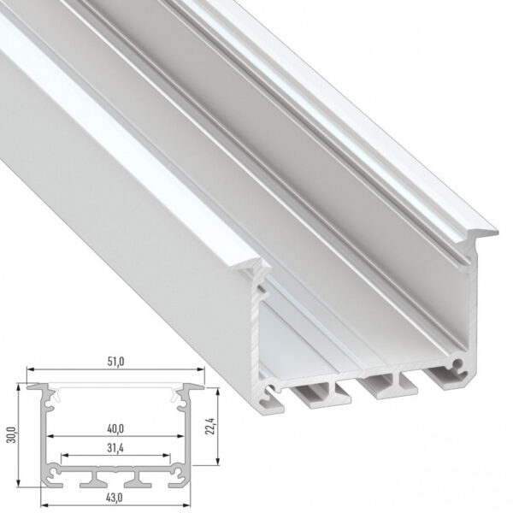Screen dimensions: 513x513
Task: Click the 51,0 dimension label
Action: (x=116, y=363)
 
